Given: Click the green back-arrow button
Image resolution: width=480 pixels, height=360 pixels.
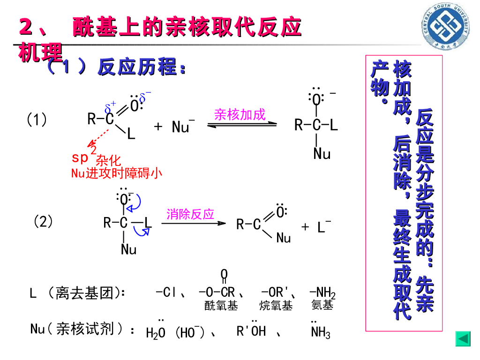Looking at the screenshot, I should coord(463,338).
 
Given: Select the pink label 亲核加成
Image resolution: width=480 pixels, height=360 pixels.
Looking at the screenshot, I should coord(240,114).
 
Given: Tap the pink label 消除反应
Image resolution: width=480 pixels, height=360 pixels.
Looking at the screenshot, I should coord(190,214).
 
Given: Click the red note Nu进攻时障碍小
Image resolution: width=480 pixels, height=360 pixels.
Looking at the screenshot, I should coord(117,173).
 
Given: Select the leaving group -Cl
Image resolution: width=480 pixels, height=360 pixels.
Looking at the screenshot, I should coord(166,293).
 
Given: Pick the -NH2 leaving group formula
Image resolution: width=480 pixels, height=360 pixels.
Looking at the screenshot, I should coord(322,294).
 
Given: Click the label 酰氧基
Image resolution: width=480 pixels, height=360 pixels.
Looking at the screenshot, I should coord(221,306).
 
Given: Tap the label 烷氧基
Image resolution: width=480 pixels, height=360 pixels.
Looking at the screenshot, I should coord(276,306).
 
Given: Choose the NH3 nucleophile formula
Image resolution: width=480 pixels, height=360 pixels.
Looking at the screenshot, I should coord(321,332).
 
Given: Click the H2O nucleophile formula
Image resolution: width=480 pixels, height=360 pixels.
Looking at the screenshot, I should coord(156,332).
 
